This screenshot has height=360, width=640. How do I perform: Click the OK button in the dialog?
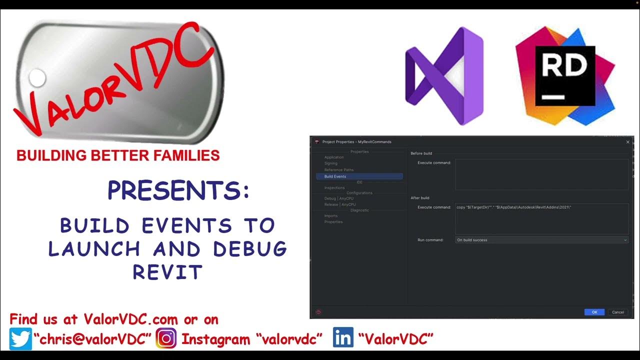[x=594, y=312]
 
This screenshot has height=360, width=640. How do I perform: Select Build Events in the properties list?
[x=335, y=176]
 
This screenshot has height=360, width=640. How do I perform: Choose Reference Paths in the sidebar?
[x=338, y=170]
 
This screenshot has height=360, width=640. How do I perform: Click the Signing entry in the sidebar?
[x=330, y=163]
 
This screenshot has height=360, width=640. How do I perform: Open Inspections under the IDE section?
[x=334, y=188]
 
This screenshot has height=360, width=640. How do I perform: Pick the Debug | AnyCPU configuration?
[x=338, y=198]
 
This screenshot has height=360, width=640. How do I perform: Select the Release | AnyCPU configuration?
[x=340, y=204]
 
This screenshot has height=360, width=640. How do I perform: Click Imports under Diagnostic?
[x=330, y=216]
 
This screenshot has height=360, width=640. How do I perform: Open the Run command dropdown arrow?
[x=625, y=240]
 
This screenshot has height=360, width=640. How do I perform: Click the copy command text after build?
[x=513, y=207]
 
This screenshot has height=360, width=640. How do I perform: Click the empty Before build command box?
[x=541, y=174]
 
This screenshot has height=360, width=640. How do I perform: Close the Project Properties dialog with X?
[x=628, y=142]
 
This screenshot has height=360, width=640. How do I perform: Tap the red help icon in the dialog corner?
[x=318, y=312]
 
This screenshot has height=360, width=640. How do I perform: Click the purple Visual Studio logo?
[x=444, y=76]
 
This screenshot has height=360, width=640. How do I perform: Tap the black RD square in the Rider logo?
[x=565, y=76]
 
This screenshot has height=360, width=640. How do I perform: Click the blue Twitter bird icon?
[x=20, y=339]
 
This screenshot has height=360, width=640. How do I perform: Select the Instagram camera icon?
[x=166, y=339]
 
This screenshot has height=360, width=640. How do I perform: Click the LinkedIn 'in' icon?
[x=343, y=338]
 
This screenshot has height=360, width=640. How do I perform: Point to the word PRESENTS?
[x=178, y=190]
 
